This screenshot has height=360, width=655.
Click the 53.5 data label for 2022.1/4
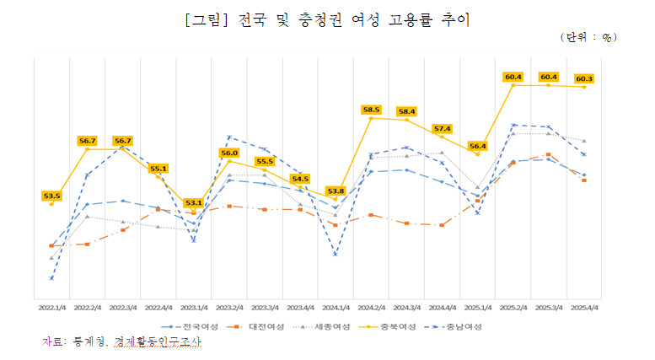point(51,196)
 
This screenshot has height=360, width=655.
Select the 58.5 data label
point(371,110)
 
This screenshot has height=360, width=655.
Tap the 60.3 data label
point(583,78)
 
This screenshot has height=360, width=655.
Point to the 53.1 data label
point(193,202)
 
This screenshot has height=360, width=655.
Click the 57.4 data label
point(442,128)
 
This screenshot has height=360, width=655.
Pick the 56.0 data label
point(229,153)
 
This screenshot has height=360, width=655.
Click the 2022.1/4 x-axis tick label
point(51,308)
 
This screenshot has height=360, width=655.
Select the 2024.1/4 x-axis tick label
point(336,308)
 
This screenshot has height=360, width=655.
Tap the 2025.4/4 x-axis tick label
point(583,308)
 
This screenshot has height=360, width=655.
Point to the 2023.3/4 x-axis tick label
point(265,308)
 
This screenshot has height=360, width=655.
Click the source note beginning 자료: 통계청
point(122,342)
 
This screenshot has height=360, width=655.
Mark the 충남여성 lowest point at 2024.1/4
point(336,254)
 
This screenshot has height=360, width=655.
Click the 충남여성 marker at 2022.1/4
point(51,277)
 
